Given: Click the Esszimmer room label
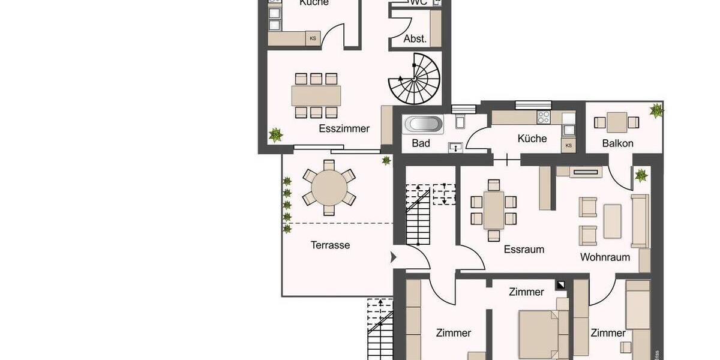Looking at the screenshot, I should [344, 128].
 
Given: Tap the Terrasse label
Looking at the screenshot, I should [330, 245].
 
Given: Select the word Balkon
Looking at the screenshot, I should [617, 143].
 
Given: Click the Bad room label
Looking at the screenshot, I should [421, 143].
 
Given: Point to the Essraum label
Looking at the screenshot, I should [523, 250].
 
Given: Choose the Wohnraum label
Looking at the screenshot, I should [605, 257].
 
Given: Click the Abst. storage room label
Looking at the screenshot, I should [415, 39].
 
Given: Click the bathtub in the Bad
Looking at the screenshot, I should [424, 125].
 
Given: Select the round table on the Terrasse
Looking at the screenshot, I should [329, 187].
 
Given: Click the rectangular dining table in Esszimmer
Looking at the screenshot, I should [316, 95].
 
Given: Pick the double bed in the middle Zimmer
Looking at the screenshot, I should [538, 330].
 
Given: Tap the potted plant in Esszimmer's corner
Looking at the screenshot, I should [275, 134].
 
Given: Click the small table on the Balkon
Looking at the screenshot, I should [616, 122].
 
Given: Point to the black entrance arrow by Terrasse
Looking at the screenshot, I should [394, 257].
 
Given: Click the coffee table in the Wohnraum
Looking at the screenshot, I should [612, 221].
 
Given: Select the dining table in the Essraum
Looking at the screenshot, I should [494, 210].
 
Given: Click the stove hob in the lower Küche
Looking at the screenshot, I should [544, 116].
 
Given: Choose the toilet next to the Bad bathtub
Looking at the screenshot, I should [460, 120].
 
